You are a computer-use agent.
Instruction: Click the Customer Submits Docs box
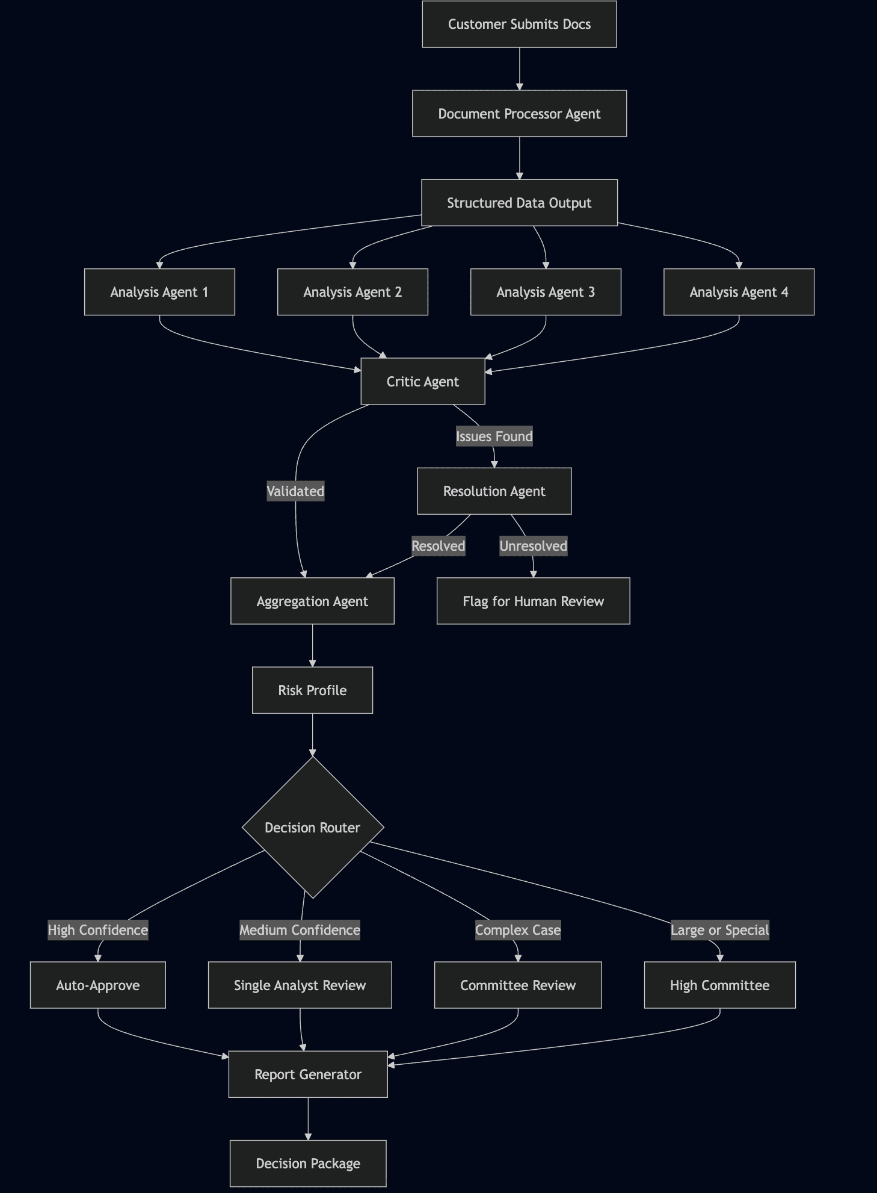point(519,24)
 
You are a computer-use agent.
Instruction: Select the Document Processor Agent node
point(519,114)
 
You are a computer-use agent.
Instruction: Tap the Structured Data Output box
point(519,203)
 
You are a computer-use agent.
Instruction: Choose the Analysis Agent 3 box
point(546,292)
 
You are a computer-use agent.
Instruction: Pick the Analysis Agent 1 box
point(159,292)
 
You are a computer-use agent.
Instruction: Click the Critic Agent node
point(422,382)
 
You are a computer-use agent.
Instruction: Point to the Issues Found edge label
point(494,436)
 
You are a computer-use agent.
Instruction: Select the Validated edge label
point(295,491)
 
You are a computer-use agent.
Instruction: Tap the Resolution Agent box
point(494,491)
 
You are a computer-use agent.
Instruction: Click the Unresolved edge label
point(533,546)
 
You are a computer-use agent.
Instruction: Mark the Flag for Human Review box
point(533,601)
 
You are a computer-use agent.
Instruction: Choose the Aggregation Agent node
point(312,601)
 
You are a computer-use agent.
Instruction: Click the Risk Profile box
point(312,690)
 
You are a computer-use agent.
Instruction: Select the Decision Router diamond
point(312,828)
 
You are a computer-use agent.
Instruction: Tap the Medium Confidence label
point(300,930)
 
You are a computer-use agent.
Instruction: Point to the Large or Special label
point(719,930)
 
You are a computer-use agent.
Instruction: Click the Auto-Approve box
point(97,985)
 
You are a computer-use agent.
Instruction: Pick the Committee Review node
point(518,985)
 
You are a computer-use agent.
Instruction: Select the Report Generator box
point(308,1074)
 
